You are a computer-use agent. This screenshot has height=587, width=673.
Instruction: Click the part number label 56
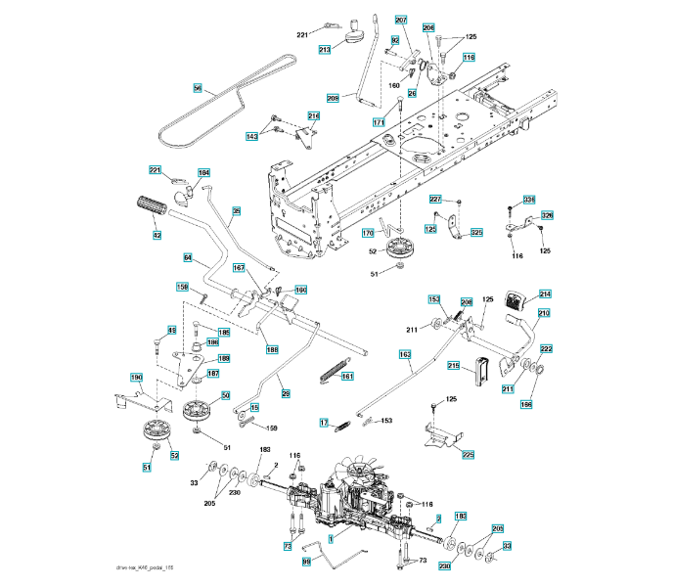199,88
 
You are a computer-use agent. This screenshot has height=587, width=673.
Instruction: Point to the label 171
380,121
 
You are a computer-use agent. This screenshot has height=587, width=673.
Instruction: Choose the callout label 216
314,116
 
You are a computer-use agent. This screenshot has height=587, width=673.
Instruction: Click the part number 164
204,173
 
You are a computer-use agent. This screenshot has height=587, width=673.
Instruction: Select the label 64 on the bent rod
188,257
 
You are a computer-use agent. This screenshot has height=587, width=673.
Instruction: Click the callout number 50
226,395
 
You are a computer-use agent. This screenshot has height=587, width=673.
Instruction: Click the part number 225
468,455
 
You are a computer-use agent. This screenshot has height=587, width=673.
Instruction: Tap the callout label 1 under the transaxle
332,538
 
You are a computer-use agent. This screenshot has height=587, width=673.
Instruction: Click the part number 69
305,563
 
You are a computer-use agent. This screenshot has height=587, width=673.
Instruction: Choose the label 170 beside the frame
368,234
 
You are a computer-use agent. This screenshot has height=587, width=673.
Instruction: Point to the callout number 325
476,232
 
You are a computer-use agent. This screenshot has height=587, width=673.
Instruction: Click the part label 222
547,349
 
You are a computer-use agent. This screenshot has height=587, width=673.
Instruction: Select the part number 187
212,374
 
